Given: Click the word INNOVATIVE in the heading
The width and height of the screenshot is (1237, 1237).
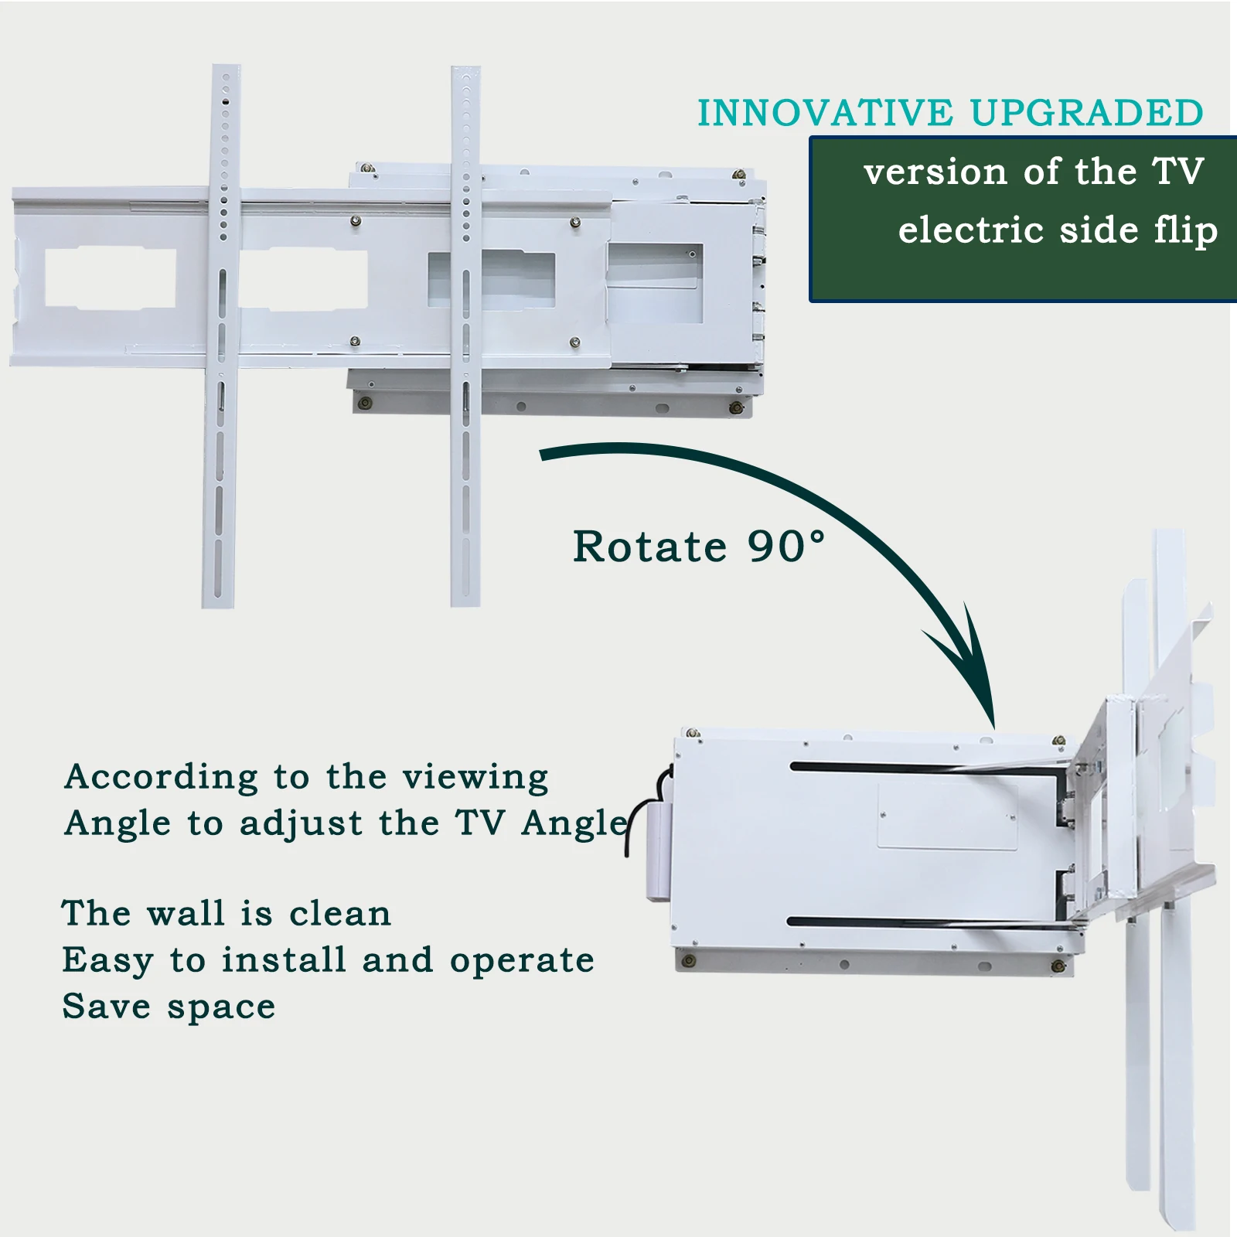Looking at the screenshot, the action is click(x=825, y=113).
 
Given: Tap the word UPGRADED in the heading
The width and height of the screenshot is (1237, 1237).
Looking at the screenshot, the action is click(x=1086, y=113).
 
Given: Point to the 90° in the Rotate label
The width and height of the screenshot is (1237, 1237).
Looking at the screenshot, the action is click(x=786, y=547).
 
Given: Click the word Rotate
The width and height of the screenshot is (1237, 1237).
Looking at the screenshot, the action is click(x=649, y=547).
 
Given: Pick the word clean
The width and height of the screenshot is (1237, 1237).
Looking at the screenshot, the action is click(x=340, y=913).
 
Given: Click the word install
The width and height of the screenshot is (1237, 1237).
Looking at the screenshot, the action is click(x=284, y=959).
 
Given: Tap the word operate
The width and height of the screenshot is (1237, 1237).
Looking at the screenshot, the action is click(x=522, y=961).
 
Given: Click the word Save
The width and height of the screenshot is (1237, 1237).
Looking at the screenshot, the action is click(x=106, y=1006).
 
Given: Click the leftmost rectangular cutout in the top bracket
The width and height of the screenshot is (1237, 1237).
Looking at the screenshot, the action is click(x=111, y=278).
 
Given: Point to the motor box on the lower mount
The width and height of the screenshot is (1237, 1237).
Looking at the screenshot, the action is click(x=659, y=850).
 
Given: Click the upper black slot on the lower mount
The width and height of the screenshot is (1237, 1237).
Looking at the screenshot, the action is click(x=928, y=768).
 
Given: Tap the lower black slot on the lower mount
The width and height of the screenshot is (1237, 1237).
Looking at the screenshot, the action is click(x=928, y=922).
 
